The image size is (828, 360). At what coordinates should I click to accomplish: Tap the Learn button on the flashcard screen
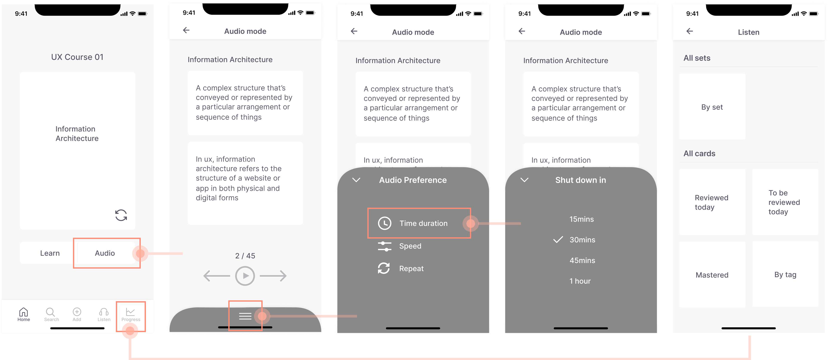coord(50,253)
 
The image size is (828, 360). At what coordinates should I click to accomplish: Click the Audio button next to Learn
coord(105,253)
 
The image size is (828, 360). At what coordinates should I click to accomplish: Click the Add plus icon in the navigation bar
coord(77,312)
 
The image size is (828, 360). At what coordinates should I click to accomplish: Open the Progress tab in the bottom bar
coord(130,314)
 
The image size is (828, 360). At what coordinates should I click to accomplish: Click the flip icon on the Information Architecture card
coord(121,215)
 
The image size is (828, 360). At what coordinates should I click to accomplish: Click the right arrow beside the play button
coord(273,276)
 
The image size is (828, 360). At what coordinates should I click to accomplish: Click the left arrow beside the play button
coord(217,276)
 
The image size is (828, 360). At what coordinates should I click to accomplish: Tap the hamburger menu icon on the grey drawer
coord(245,316)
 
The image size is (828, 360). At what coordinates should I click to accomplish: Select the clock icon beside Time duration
coord(384,223)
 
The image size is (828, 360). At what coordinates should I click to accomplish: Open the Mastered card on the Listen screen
coord(712,275)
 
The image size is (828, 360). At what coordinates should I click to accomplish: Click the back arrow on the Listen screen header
coord(689,31)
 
